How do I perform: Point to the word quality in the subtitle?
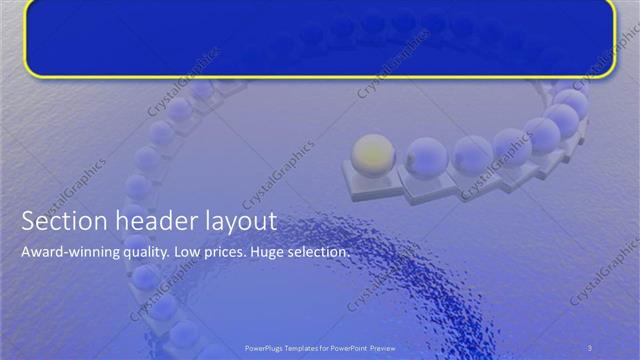tap(144, 253)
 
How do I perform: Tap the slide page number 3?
tap(590, 346)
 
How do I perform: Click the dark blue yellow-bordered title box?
tap(320, 38)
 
